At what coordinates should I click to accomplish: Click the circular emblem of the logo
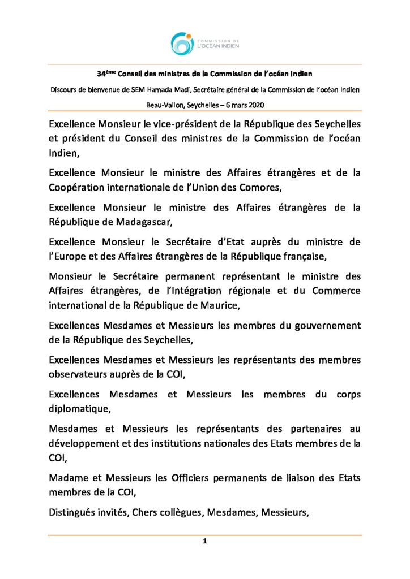pyautogui.click(x=182, y=44)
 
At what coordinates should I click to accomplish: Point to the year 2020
pyautogui.click(x=254, y=106)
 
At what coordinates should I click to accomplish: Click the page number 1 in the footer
pyautogui.click(x=205, y=542)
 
